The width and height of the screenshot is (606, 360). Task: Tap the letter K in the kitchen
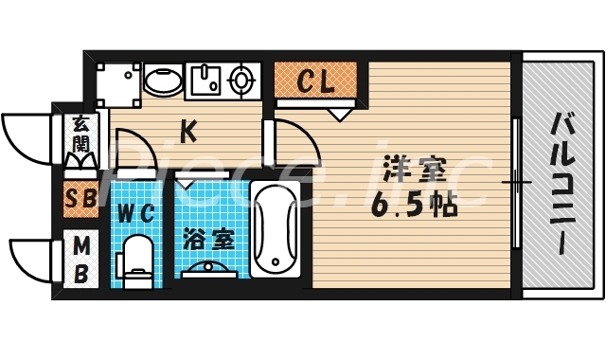(x=188, y=132)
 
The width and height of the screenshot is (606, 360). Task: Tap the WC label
(x=136, y=212)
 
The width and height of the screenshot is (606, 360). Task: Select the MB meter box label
(x=81, y=260)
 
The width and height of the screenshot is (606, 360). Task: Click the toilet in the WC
(x=138, y=260)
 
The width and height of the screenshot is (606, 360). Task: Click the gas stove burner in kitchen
(x=242, y=80)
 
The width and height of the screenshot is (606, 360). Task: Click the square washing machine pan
(x=116, y=81)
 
